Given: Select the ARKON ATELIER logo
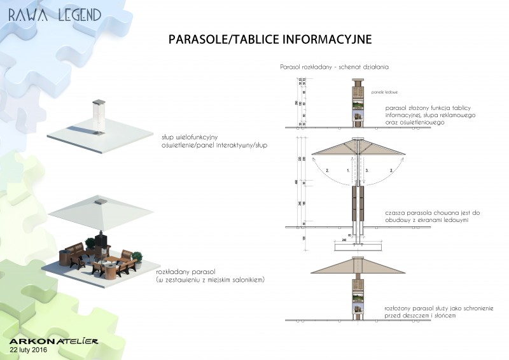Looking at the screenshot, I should point(53,341).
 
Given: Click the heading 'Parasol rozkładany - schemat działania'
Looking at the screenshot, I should point(334,66).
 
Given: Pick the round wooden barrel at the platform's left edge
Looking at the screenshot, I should point(64,258).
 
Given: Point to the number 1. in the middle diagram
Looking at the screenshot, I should point(349,170).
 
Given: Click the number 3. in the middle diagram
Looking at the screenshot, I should point(367,170).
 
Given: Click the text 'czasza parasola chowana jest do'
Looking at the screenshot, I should point(426,212).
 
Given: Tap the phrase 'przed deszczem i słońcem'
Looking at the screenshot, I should point(421,315).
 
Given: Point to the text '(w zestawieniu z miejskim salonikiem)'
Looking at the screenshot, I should point(209,280).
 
